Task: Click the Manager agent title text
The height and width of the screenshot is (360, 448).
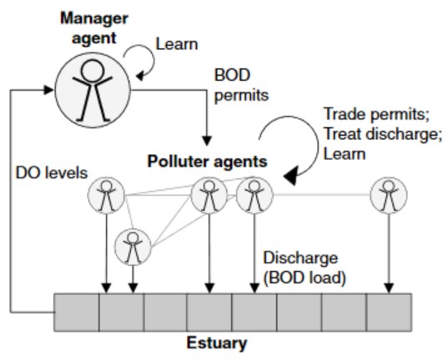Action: coord(94,28)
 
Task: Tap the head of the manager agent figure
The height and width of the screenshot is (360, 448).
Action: coord(93,71)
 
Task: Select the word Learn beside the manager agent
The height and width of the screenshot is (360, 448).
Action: coord(177,44)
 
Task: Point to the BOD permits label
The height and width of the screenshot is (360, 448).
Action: coord(241,85)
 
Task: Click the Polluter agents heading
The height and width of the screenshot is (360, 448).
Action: coord(207,162)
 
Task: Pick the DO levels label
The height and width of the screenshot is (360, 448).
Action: coord(52,173)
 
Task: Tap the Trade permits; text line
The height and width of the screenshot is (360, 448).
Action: coord(376,114)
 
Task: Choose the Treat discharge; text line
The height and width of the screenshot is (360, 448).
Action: coord(383,134)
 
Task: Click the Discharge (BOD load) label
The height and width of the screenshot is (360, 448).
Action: coord(305,267)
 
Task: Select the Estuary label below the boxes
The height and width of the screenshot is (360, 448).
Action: coord(217,342)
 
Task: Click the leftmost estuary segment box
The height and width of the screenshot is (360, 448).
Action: coord(77,312)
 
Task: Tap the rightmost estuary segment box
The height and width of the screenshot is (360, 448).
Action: coord(389,312)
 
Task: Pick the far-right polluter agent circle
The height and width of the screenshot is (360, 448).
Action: coord(389,195)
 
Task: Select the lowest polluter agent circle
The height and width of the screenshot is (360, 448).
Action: coord(133,247)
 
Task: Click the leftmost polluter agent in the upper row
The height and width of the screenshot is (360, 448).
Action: coord(106,195)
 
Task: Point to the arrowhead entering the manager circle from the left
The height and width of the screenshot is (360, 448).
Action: coord(48,90)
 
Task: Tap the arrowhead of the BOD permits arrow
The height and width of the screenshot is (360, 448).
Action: coord(207,141)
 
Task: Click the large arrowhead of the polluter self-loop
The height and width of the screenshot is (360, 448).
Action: coord(291,176)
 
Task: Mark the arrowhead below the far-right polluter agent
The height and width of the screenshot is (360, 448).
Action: coord(389,288)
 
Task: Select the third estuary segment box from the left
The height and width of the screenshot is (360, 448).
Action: coord(165,312)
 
